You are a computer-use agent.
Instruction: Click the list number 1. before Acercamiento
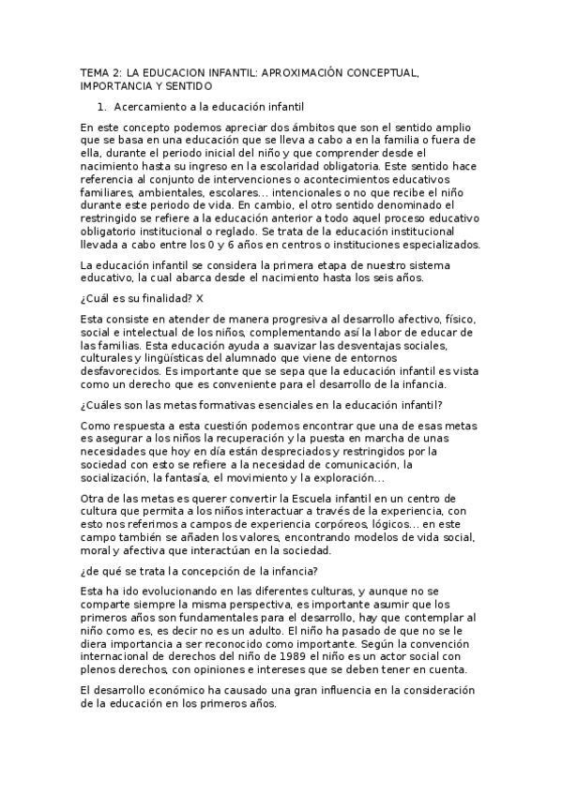103,107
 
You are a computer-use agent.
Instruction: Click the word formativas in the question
218,404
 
